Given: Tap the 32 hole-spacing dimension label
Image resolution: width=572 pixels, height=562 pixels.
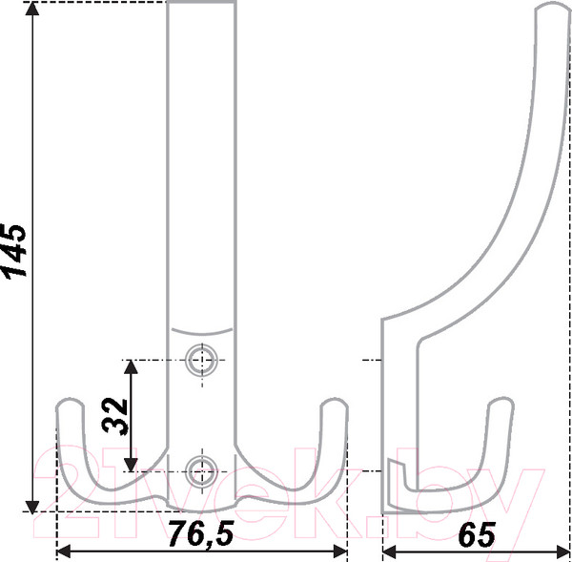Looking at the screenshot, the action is click(x=114, y=416).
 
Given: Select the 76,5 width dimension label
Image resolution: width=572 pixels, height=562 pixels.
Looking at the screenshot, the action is click(x=201, y=534).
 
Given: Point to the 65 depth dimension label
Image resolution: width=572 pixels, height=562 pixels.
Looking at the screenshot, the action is click(x=477, y=534).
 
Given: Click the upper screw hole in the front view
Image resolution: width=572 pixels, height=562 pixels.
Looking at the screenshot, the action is click(x=201, y=360).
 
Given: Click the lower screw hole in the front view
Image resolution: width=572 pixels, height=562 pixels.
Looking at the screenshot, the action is click(x=201, y=471).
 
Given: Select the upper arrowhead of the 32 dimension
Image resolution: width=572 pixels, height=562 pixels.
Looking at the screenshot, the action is click(x=131, y=366).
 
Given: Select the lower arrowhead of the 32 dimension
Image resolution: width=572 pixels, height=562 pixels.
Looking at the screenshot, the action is click(x=131, y=465).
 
